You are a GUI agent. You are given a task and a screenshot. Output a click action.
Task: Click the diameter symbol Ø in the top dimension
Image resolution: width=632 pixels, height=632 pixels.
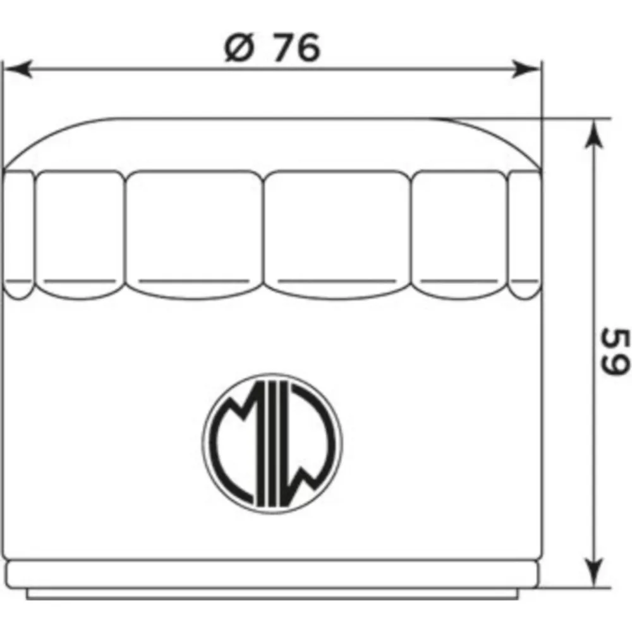[240, 47]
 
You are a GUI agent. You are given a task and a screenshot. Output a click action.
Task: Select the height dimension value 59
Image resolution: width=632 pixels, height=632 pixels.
[615, 351]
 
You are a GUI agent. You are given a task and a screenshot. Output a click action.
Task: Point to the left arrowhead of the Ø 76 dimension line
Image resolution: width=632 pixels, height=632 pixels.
[18, 70]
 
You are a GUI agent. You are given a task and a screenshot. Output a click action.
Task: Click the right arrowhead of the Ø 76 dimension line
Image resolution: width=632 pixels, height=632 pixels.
[525, 70]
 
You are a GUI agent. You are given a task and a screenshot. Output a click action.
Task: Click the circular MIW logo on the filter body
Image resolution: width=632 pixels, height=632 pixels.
[272, 444]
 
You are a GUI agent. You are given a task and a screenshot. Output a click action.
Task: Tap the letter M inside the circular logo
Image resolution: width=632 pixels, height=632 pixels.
[234, 444]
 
